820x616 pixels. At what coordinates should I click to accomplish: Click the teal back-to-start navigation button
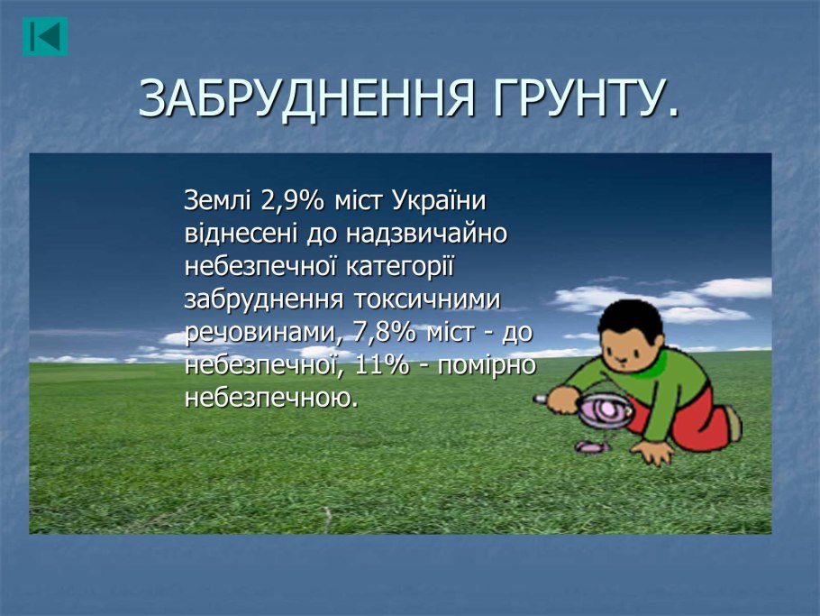pyautogui.click(x=45, y=37)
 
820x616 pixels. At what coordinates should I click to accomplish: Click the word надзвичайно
pyautogui.click(x=426, y=234)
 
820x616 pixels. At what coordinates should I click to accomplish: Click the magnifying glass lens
pyautogui.click(x=606, y=410)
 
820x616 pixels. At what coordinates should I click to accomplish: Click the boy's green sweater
pyautogui.click(x=649, y=387)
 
